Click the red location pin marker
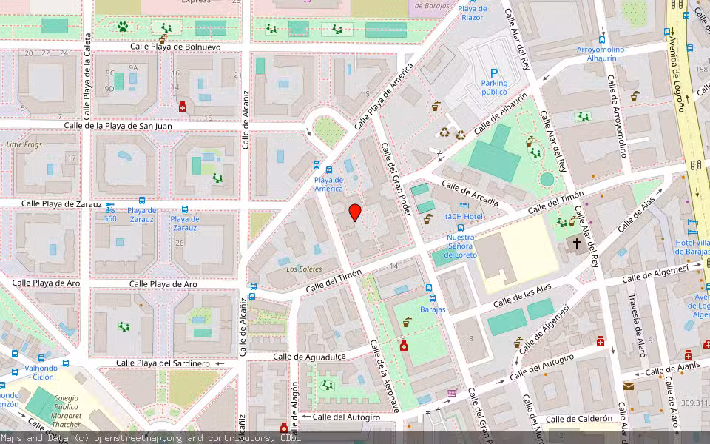pos(355,212)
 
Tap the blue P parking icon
pos(494,73)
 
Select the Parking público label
pos(494,87)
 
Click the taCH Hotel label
pos(464,217)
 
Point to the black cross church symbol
pos(577,243)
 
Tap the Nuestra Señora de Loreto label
pos(460,246)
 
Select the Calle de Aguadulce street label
pos(308,356)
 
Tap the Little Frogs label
pos(25,144)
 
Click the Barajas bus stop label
pos(433,309)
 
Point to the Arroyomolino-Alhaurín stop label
pos(601,53)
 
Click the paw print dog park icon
pos(122,27)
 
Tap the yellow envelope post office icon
pos(629,386)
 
